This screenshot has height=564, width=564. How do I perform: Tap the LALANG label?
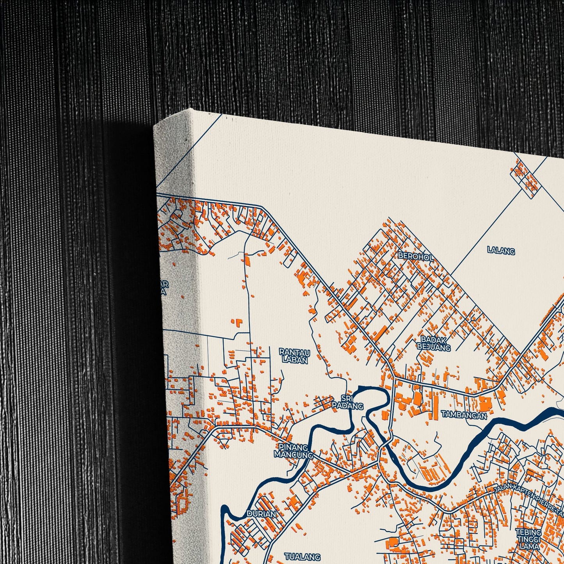click(x=501, y=251)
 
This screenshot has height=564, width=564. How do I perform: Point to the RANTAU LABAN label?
click(x=295, y=356)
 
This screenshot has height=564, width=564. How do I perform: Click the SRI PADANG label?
click(x=347, y=402)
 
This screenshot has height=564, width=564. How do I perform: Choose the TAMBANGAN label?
click(x=464, y=415)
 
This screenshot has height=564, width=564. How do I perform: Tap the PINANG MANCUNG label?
click(x=293, y=451)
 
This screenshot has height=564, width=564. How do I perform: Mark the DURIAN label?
click(x=261, y=514)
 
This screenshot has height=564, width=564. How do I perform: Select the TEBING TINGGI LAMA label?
click(x=529, y=539)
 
